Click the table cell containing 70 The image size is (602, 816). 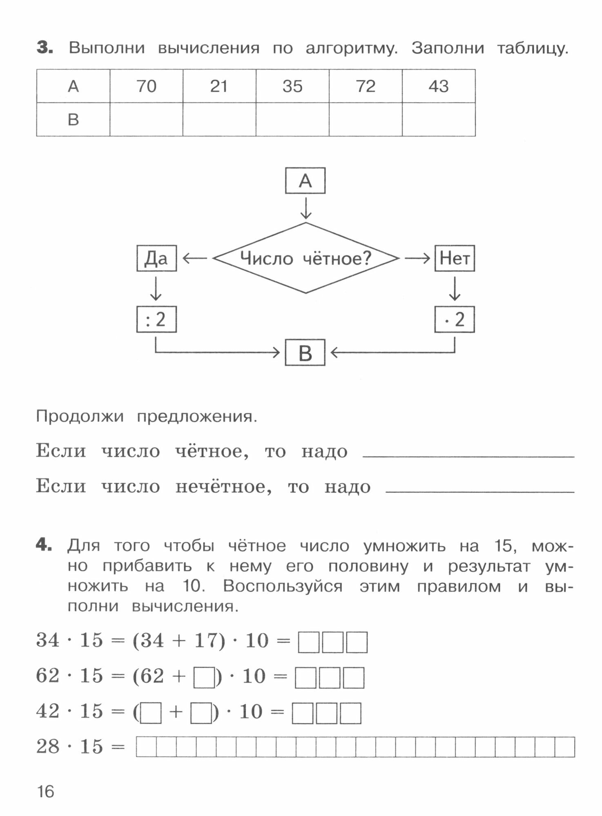pos(146,86)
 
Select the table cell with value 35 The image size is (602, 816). pos(292,86)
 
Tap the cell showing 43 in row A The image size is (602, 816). pos(439,86)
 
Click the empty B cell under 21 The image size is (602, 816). pos(219,119)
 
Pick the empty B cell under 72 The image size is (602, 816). pos(366,119)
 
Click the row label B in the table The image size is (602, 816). pos(73,119)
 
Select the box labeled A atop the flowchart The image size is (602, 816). pos(305,180)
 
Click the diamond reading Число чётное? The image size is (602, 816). pos(305,258)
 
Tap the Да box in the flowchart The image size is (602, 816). pos(156,258)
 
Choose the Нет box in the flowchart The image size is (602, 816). pos(455,258)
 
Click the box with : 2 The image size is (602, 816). pos(156,319)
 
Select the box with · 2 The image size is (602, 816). pos(455,319)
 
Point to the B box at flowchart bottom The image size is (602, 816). pos(305,353)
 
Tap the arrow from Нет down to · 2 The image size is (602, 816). pos(455,288)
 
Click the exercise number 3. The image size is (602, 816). pos(45,48)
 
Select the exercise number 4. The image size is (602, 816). pos(44,545)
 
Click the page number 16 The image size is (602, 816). pos(45,792)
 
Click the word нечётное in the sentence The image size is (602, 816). pos(223,486)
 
